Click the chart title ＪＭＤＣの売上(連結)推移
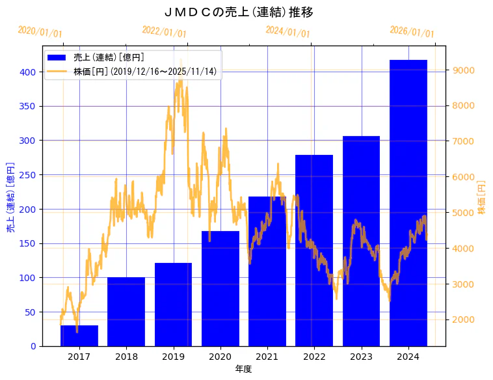(x=239, y=12)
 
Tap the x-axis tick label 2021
(x=267, y=356)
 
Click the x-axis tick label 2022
(x=314, y=356)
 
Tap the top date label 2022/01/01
(x=164, y=32)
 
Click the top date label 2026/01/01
(x=412, y=32)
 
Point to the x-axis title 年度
(x=243, y=369)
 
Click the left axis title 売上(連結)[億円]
(x=11, y=197)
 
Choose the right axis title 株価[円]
(x=482, y=197)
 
